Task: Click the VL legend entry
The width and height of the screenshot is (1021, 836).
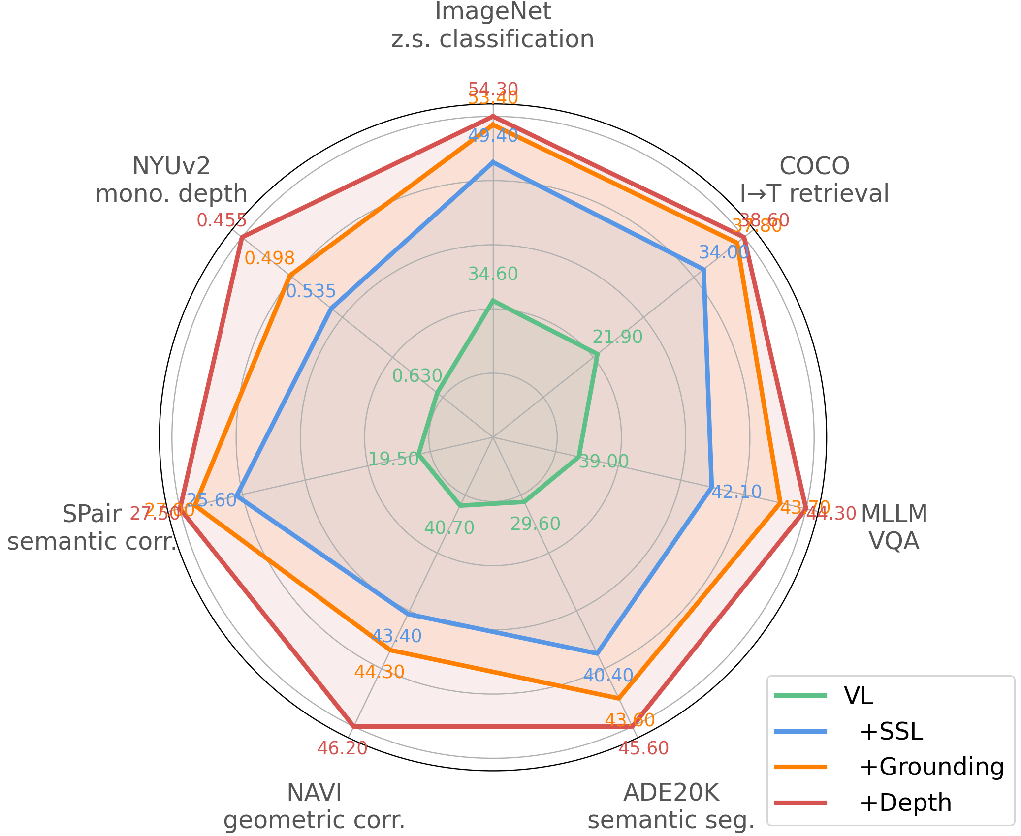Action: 858,696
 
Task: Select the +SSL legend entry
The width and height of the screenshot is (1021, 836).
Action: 891,732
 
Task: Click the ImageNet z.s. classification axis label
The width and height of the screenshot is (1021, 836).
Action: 493,25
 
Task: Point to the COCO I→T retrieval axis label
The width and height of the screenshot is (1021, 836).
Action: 814,180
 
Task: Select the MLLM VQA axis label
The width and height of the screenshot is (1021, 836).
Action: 894,527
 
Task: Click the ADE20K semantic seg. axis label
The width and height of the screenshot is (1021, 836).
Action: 671,806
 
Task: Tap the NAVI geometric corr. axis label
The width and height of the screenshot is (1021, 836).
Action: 314,806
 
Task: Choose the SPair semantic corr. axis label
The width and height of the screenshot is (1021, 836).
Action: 92,528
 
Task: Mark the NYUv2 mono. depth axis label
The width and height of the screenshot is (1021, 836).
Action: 171,180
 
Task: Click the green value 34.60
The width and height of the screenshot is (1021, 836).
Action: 493,274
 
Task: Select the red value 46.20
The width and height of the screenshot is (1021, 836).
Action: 342,748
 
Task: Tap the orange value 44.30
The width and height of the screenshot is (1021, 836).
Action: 380,672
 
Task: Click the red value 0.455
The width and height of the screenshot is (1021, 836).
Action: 222,220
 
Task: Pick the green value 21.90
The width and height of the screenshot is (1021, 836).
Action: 617,337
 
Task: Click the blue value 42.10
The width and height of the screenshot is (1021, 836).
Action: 737,492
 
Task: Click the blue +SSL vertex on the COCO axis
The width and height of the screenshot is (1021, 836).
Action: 703,269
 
